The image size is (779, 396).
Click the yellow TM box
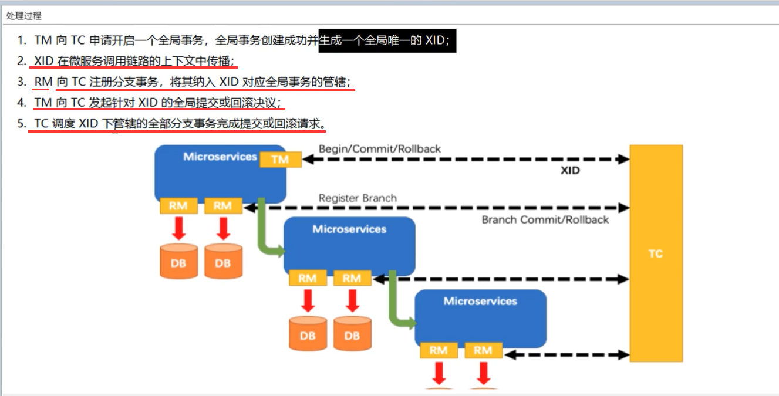280,159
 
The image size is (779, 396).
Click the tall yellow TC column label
655,253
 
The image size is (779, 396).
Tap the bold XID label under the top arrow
569,171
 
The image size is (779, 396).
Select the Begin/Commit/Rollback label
379,149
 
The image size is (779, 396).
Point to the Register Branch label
358,198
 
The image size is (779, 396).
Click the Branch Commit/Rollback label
545,219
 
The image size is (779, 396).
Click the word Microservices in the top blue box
220,157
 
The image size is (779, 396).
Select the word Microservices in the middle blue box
349,229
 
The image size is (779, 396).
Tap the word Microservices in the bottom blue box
480,301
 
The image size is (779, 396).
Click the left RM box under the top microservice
178,206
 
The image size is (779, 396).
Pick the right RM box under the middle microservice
352,278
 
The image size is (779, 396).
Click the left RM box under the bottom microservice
438,350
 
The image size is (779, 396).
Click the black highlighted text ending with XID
387,40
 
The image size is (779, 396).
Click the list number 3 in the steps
22,82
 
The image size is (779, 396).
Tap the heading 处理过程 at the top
24,16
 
